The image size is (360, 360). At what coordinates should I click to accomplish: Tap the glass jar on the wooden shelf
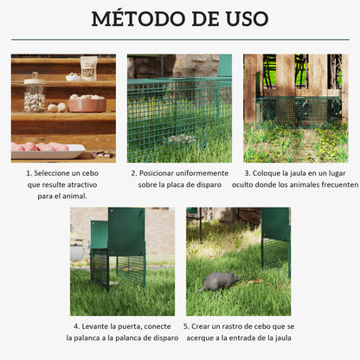pos(35,93)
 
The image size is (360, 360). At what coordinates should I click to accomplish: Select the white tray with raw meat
pos(47,150)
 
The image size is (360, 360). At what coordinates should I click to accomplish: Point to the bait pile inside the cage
pos(182,138)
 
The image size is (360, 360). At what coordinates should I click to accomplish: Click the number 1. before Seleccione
pos(29,173)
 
